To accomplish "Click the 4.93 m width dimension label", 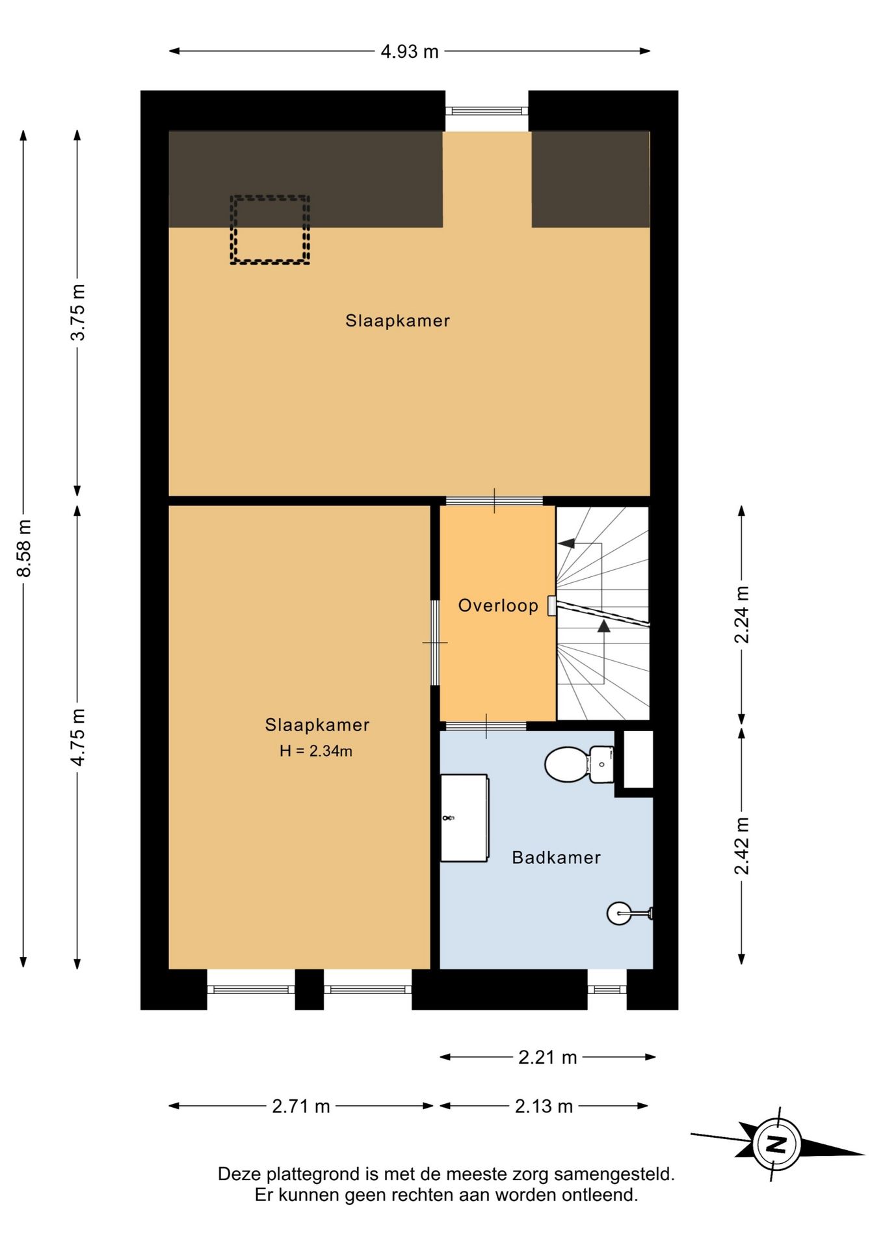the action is click(410, 51).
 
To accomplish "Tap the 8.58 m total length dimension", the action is click(24, 548).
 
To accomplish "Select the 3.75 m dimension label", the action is click(78, 312).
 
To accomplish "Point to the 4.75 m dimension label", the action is click(78, 736).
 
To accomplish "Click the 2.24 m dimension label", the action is click(742, 614).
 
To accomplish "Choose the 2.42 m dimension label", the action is click(742, 846).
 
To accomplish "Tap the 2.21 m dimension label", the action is click(547, 1057).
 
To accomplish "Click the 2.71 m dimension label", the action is click(301, 1106).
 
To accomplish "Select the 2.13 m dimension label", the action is click(544, 1106).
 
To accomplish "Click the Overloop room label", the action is click(498, 606).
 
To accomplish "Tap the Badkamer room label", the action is click(556, 857).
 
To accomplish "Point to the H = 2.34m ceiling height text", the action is click(316, 751).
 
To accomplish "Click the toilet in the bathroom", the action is click(579, 764).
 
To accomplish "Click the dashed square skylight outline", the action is click(270, 230).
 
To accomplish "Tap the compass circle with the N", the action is click(777, 1144).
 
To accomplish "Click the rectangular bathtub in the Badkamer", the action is click(464, 818).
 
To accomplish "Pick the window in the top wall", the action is click(487, 111).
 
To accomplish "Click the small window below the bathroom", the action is click(607, 989).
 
